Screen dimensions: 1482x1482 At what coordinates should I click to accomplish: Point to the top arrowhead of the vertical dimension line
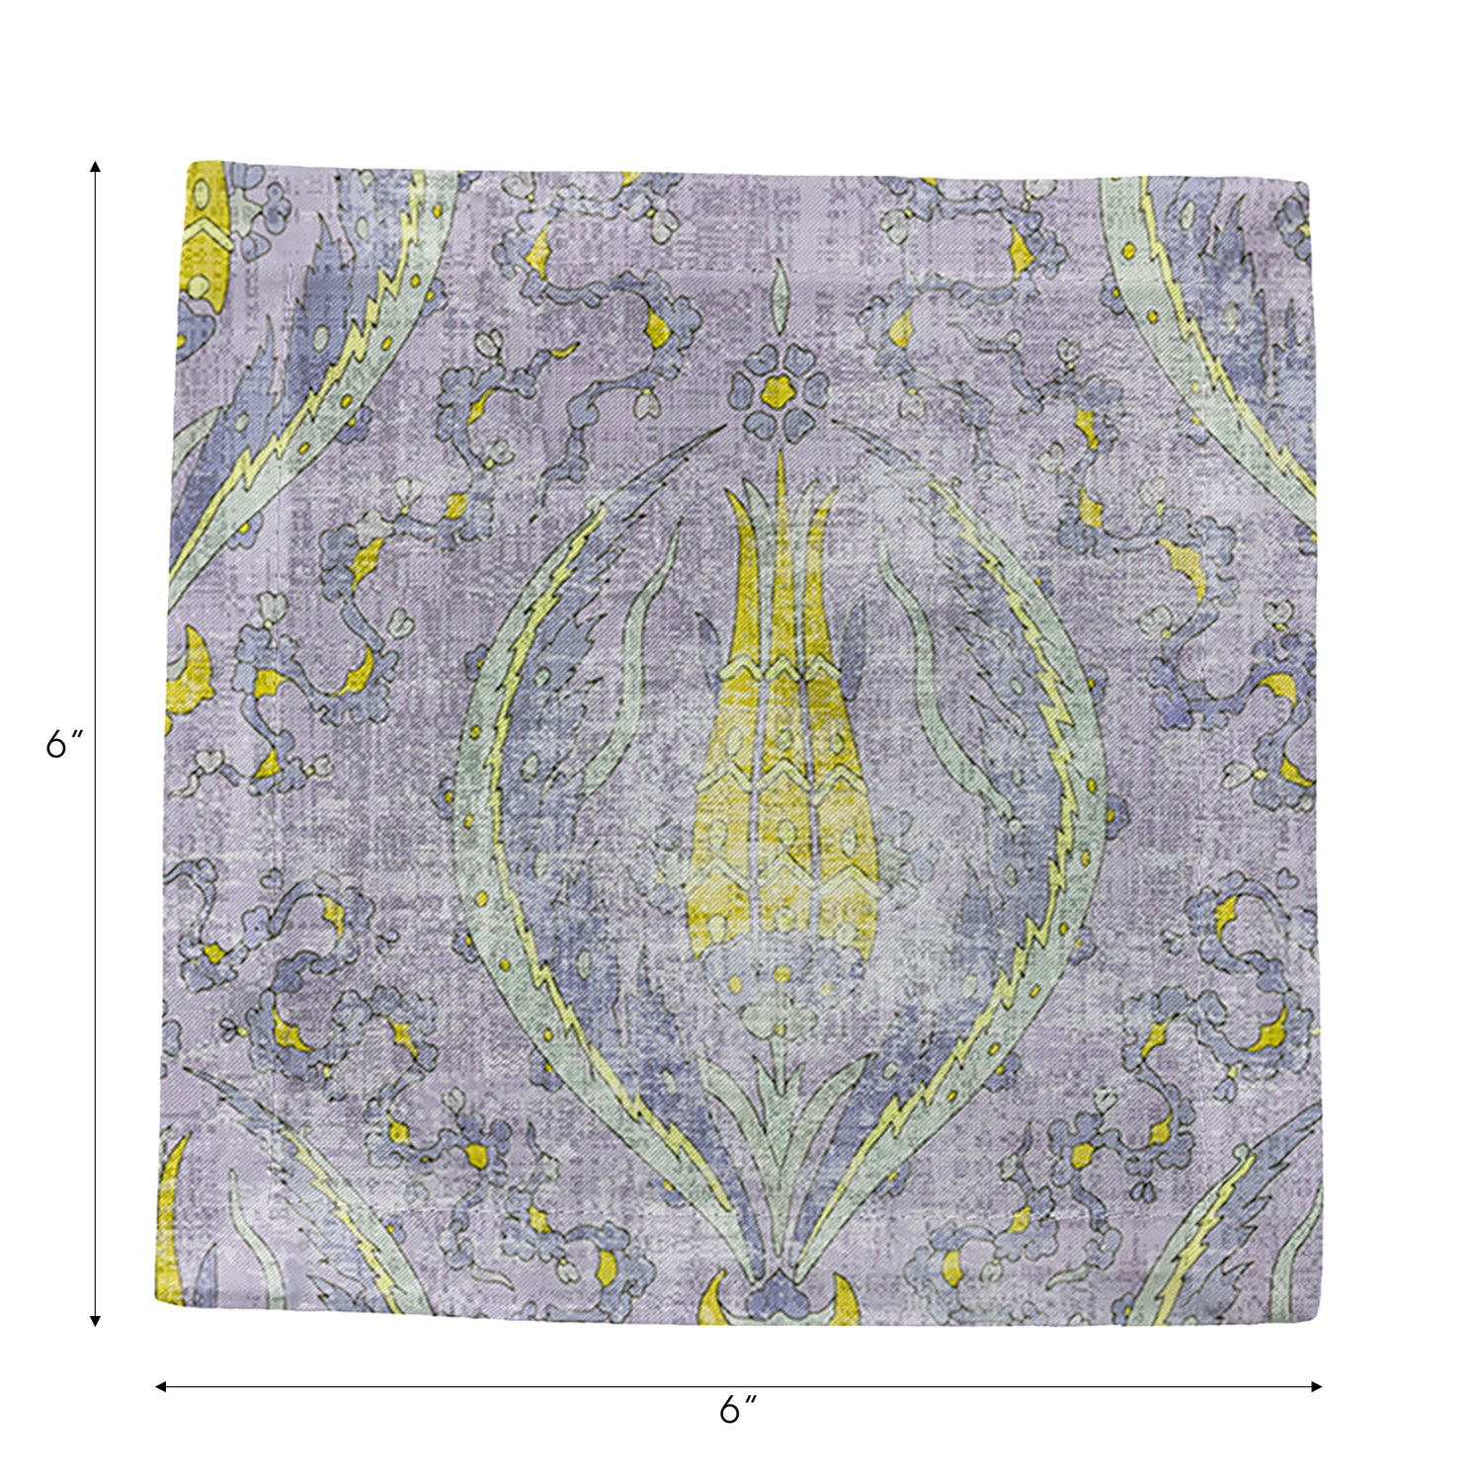95,167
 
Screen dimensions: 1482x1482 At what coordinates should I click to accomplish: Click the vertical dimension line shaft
95,494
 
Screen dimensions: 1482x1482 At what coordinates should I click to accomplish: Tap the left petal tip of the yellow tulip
735,514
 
